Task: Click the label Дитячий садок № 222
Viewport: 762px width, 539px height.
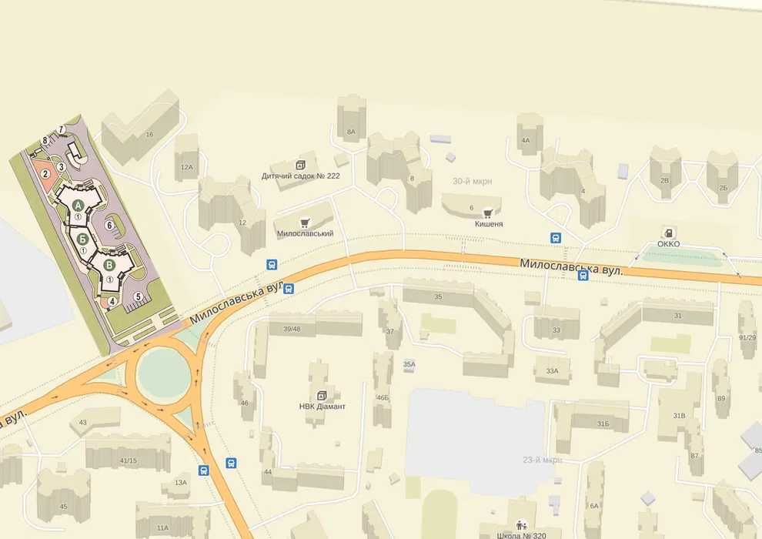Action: tap(301, 176)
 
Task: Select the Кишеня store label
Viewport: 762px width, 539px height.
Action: tap(488, 223)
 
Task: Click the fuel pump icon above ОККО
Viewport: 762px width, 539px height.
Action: tap(669, 233)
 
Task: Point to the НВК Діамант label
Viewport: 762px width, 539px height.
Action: tap(322, 406)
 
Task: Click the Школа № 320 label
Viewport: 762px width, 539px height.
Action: tap(523, 534)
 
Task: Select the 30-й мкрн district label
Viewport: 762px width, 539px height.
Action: tap(472, 182)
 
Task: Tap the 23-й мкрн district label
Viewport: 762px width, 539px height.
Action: tap(542, 460)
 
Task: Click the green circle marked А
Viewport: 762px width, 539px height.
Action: tap(79, 204)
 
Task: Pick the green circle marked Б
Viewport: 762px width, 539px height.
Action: tap(82, 238)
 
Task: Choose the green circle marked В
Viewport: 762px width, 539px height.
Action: tap(109, 265)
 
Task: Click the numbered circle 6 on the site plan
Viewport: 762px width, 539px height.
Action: tap(109, 225)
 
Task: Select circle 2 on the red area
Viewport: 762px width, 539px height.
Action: tap(45, 173)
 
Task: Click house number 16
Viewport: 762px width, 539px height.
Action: tap(149, 135)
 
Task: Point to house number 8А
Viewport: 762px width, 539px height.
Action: tap(351, 132)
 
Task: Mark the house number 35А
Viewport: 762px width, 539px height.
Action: tap(409, 364)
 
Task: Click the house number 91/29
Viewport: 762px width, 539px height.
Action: tap(747, 337)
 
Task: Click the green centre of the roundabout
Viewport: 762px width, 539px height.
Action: tap(162, 374)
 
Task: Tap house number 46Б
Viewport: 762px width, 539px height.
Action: tap(382, 397)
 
